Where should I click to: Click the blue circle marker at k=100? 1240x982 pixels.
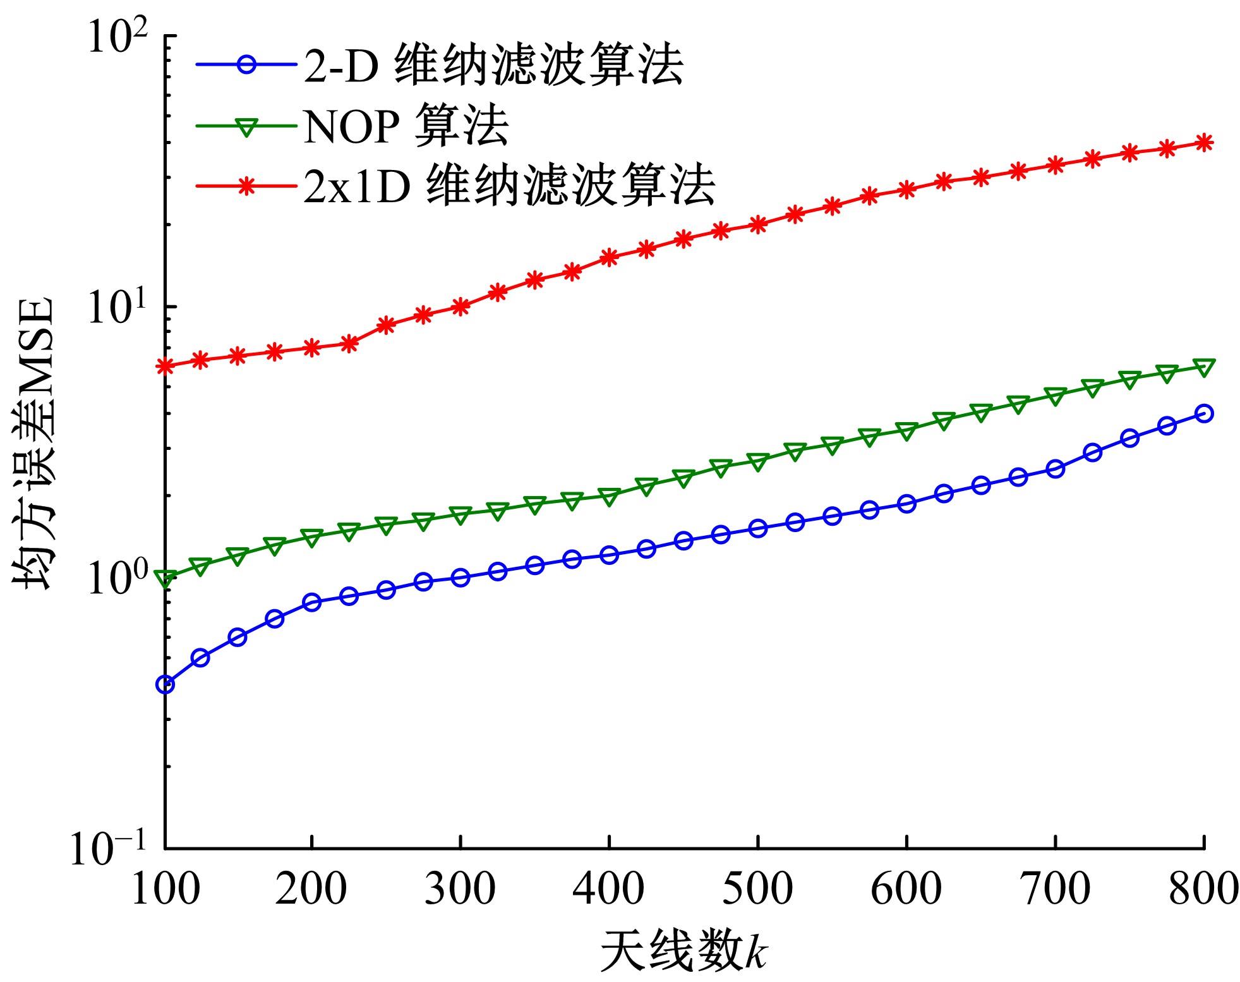click(x=165, y=684)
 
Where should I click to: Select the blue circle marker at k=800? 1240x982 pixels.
click(x=1204, y=414)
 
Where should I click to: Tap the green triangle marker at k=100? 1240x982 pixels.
click(x=165, y=578)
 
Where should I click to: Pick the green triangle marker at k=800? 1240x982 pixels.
click(x=1204, y=367)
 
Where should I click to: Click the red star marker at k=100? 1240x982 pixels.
click(x=165, y=366)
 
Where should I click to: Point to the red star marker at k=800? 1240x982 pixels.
click(x=1204, y=142)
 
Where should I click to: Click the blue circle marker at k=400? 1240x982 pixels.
click(x=610, y=555)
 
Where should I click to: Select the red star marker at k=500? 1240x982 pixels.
click(x=758, y=224)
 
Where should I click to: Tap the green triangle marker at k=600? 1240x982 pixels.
click(x=906, y=432)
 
